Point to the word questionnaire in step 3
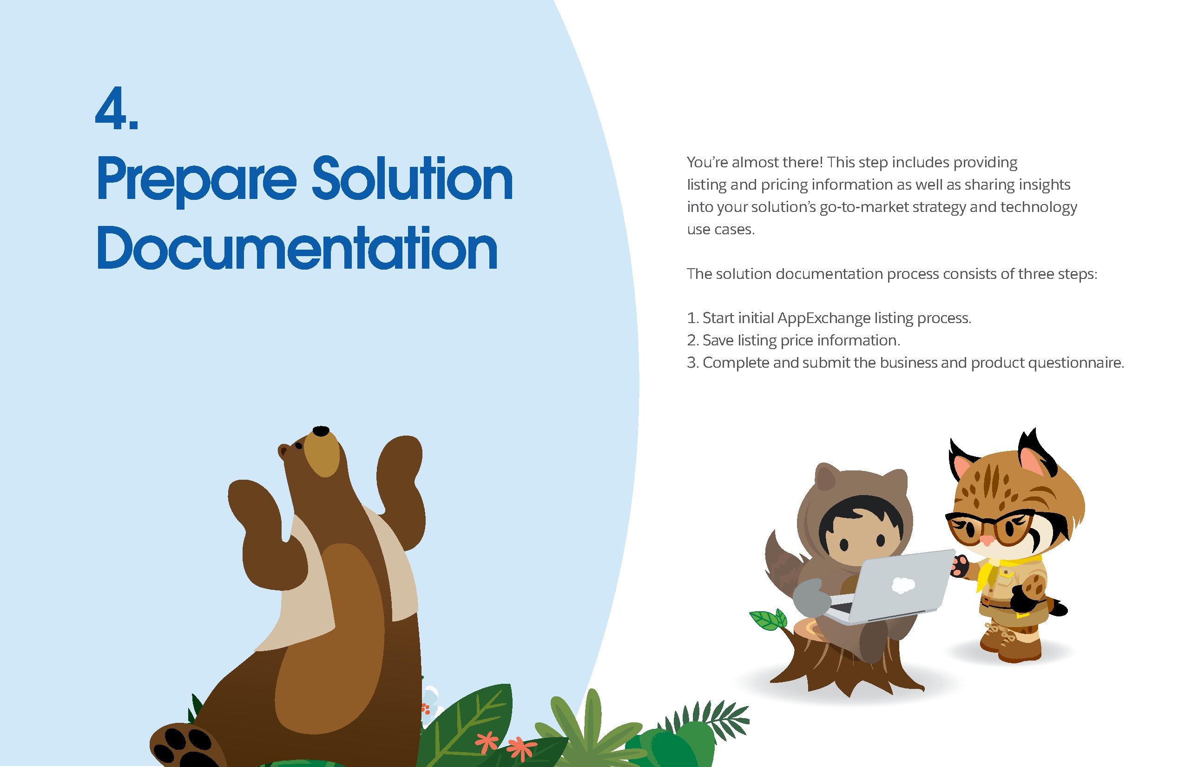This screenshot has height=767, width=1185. click(x=1075, y=363)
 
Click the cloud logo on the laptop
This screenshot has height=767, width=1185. click(x=902, y=585)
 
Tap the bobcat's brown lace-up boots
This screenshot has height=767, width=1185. click(x=1011, y=642)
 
